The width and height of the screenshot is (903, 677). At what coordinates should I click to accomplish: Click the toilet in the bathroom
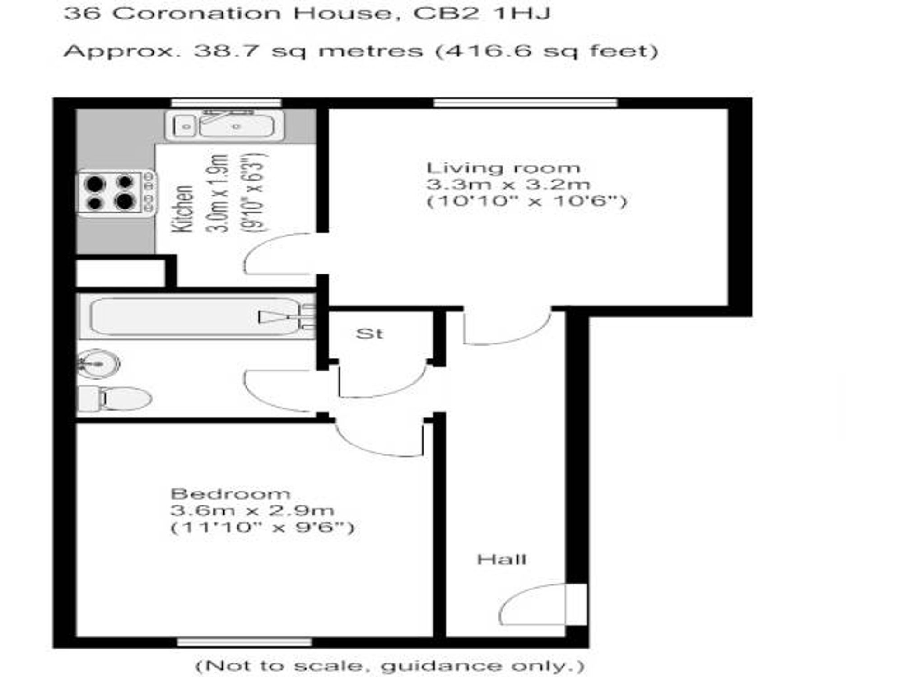(115, 399)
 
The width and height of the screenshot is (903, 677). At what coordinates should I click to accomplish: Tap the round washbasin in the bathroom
(98, 364)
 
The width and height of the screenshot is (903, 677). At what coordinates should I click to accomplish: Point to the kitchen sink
(225, 125)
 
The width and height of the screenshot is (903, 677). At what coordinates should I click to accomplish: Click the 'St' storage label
(369, 334)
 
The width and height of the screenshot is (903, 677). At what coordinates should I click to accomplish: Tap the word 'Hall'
(502, 560)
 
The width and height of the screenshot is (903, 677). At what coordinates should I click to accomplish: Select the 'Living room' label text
(503, 168)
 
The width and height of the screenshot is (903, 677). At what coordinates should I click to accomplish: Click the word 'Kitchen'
(183, 209)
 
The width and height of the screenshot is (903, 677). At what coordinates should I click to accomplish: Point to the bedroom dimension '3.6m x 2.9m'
(252, 510)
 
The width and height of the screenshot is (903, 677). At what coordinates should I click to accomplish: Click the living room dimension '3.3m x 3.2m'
(508, 184)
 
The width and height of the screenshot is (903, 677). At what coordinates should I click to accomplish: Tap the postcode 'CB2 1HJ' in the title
(482, 13)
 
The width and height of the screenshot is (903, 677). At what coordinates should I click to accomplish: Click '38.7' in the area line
(227, 51)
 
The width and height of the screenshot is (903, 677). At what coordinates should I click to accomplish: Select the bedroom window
(244, 641)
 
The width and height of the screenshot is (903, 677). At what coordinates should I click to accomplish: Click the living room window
(525, 103)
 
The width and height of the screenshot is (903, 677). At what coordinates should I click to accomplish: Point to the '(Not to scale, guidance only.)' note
(390, 665)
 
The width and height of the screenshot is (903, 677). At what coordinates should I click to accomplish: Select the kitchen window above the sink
(226, 103)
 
